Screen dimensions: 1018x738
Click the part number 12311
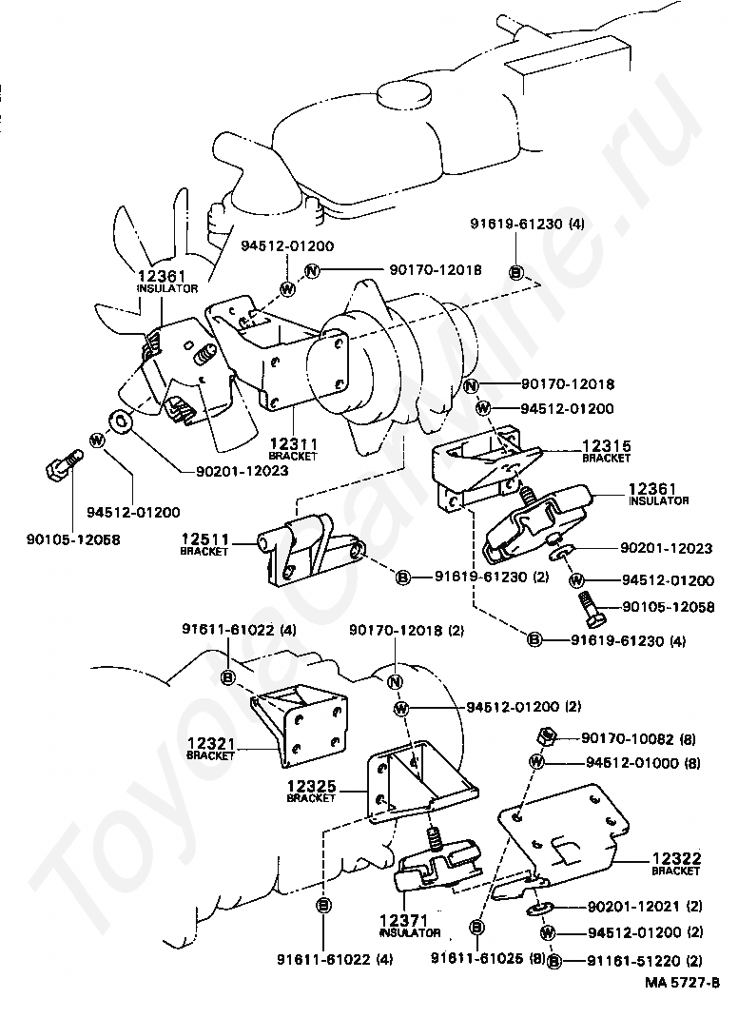coord(292,443)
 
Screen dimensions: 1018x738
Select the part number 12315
coord(606,445)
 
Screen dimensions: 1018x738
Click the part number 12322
coord(675,858)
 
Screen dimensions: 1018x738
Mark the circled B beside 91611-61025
coord(478,926)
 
